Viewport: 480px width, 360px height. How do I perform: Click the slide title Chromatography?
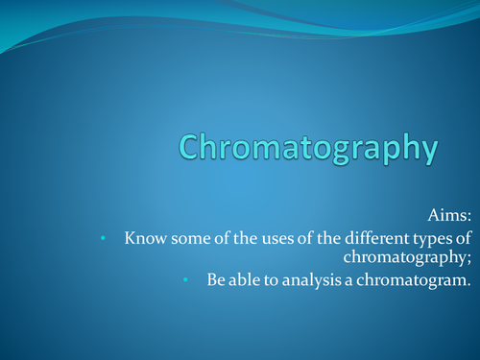click(308, 150)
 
